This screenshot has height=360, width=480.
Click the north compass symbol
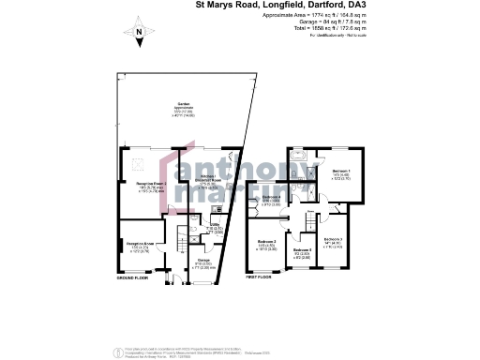[x=139, y=36]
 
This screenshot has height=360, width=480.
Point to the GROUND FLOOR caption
[x=134, y=278]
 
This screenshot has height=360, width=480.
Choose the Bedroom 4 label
[x=271, y=199]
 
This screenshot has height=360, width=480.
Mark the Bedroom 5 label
[x=302, y=253]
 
